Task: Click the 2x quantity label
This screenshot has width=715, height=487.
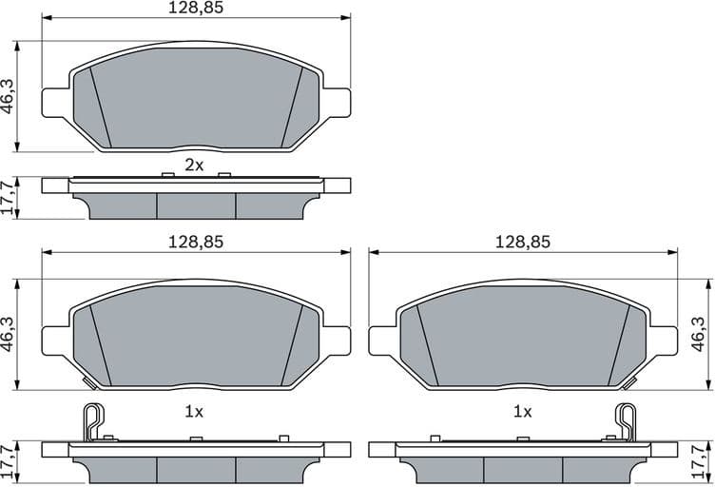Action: [194, 165]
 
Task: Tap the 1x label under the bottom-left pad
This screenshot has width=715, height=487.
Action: [194, 412]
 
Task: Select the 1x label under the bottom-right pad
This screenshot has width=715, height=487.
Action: [522, 412]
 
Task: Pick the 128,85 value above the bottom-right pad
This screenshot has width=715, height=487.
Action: [522, 242]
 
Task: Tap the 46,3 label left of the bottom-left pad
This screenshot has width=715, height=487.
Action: [9, 335]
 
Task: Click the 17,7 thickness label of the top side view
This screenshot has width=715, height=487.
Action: [9, 198]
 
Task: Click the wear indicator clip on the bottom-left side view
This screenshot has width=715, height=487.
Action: [92, 419]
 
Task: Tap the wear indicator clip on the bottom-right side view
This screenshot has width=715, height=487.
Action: [626, 419]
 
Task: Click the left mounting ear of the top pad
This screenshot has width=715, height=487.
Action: [55, 102]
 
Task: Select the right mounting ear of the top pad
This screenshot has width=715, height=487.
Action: [337, 102]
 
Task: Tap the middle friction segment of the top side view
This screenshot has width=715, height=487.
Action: [195, 205]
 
